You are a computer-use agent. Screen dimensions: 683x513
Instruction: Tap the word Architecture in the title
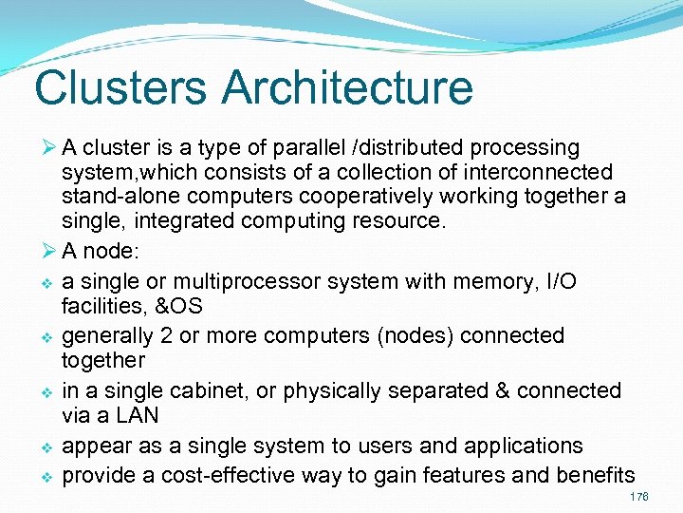point(348,87)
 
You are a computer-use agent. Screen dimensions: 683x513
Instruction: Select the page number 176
point(638,498)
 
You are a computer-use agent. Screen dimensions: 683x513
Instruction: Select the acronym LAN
point(138,416)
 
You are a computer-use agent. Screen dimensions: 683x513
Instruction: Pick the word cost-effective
point(232,475)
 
